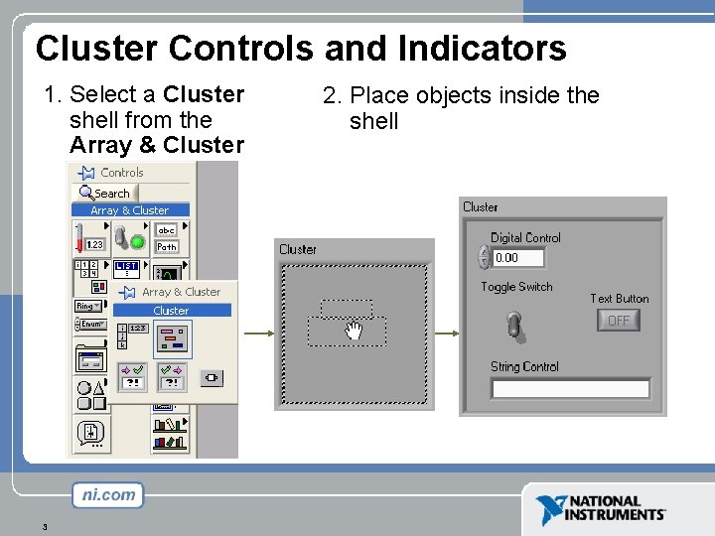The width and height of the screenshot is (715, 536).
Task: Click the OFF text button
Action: [x=619, y=320]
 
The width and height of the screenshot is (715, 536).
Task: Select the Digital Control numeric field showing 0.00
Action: [x=519, y=257]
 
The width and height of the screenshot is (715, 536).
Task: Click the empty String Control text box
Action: [x=571, y=388]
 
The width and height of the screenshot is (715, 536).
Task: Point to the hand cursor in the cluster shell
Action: [x=353, y=332]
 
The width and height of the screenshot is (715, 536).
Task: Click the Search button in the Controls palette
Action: [x=105, y=194]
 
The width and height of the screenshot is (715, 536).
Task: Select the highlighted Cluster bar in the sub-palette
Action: [x=173, y=311]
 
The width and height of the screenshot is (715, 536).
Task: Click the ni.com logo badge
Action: [x=107, y=494]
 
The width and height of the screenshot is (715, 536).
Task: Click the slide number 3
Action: [x=46, y=526]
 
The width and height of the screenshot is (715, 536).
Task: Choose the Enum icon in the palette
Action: [x=90, y=325]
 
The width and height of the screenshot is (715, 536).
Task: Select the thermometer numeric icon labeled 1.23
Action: [x=90, y=237]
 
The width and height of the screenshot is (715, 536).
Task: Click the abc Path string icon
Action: [x=166, y=238]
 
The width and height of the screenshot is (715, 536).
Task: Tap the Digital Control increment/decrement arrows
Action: [x=485, y=257]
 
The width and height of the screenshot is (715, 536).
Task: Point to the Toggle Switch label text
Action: [x=516, y=287]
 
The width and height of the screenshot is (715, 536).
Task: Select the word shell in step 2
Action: [x=373, y=121]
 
